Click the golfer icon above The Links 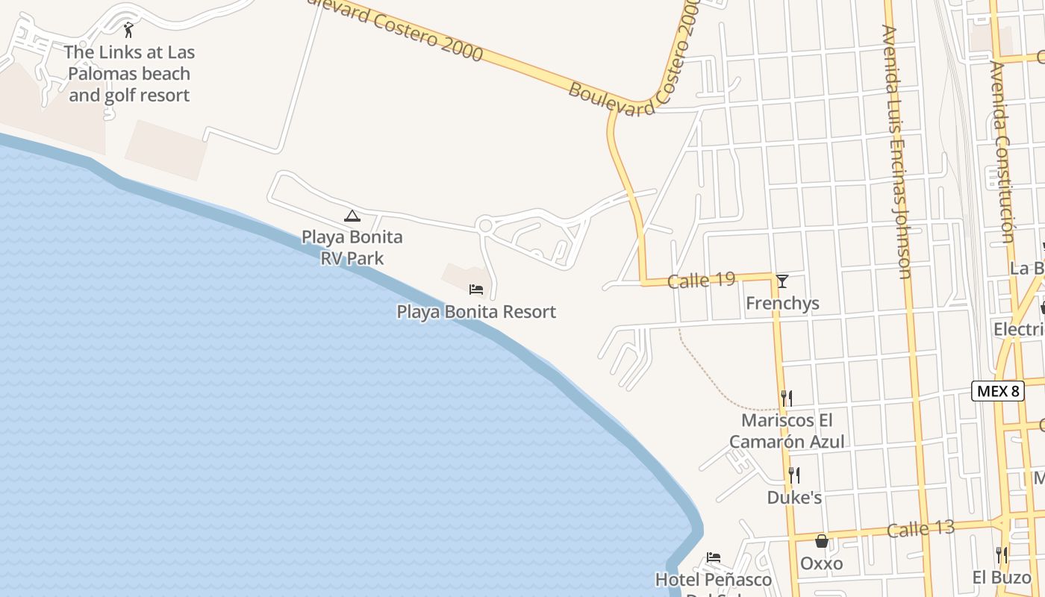(128, 30)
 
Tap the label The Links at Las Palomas (129, 73)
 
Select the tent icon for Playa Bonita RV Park (352, 216)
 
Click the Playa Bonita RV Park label (352, 248)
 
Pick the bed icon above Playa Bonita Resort (476, 290)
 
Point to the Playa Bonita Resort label (476, 312)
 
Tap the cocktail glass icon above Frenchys (782, 281)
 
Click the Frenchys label (782, 303)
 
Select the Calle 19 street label (701, 281)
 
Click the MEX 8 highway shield (996, 391)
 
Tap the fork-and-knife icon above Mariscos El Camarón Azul (786, 398)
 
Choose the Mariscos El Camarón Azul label (787, 431)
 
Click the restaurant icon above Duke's (794, 475)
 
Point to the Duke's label (794, 497)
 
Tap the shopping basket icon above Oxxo (822, 541)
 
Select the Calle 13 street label (920, 529)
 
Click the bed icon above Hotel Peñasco (714, 557)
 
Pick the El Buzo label (1001, 577)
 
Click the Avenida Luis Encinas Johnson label (896, 151)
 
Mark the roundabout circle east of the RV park (485, 225)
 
